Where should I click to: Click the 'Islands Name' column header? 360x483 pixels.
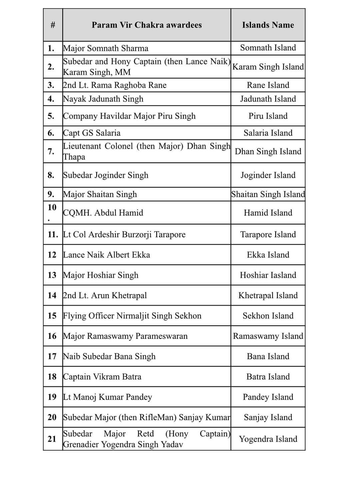click(268, 25)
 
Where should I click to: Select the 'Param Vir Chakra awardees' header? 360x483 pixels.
click(147, 25)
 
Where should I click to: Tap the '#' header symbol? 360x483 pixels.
click(53, 25)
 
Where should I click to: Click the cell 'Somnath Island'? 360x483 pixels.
click(268, 48)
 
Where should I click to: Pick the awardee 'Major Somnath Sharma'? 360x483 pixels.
click(106, 48)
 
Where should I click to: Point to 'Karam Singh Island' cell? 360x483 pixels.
click(268, 67)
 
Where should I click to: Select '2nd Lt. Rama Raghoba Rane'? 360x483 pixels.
click(115, 85)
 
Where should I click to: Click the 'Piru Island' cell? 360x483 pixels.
click(268, 116)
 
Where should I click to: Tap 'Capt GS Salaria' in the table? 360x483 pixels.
click(92, 133)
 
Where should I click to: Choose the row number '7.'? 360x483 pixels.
click(51, 151)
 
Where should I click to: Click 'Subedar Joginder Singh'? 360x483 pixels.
click(106, 175)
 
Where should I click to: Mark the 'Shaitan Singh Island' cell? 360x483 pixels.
click(268, 194)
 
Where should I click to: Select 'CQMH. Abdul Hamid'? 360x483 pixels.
click(103, 213)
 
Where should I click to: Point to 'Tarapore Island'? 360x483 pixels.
click(268, 234)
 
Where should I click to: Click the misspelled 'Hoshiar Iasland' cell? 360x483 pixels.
click(268, 275)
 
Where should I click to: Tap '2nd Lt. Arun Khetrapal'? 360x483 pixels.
click(105, 296)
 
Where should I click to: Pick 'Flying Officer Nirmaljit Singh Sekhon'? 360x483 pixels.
click(132, 316)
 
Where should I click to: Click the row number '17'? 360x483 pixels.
click(52, 356)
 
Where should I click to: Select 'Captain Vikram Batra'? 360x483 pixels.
click(102, 377)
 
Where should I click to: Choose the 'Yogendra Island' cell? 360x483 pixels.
click(268, 439)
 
